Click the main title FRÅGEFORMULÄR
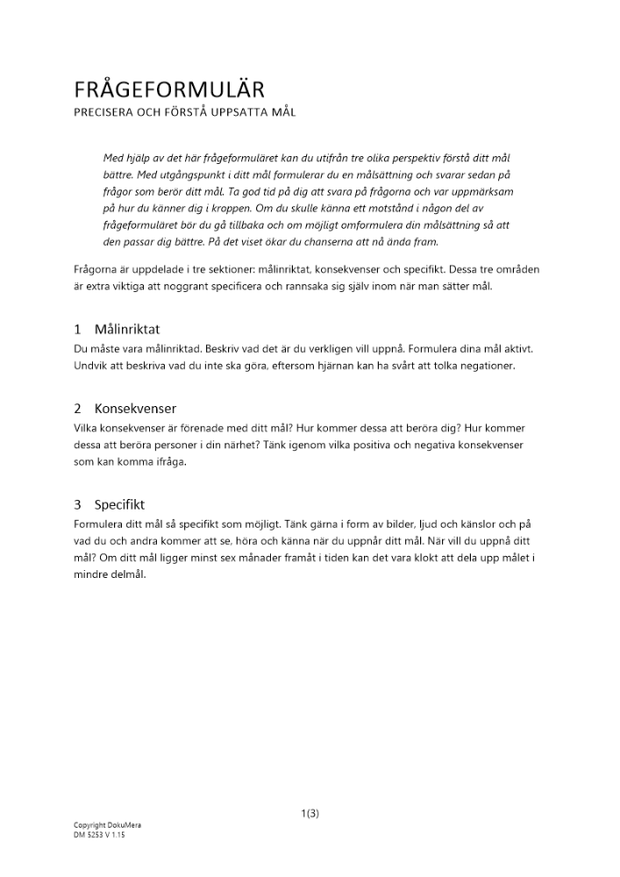pos(169,89)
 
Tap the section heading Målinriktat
pos(126,330)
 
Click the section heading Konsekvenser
pos(135,409)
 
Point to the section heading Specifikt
pos(119,505)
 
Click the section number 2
pos(77,409)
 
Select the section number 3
pos(77,505)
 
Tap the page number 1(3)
pos(310,813)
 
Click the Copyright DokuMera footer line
pos(107,825)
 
